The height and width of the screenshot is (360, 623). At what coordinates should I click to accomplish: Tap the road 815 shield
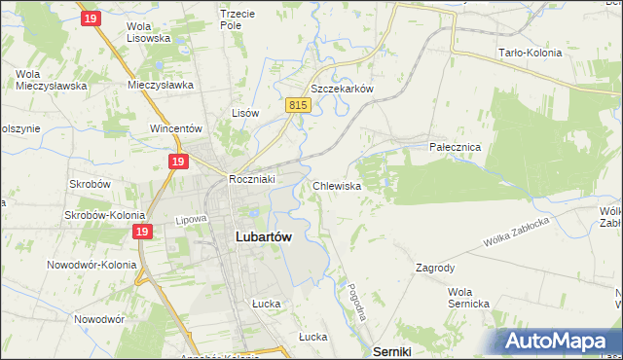[298, 104]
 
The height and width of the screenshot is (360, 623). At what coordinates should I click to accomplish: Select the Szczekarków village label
[342, 88]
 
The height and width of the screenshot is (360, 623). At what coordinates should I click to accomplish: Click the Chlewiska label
[338, 185]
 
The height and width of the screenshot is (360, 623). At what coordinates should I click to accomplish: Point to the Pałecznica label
[456, 146]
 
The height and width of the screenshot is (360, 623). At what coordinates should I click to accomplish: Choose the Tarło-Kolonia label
[530, 53]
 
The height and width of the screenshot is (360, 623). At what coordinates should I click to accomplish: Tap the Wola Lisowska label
[149, 32]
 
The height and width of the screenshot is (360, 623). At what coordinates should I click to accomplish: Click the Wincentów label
[175, 127]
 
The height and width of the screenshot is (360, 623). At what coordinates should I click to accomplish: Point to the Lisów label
[245, 113]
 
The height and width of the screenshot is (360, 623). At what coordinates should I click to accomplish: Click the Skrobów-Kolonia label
[104, 215]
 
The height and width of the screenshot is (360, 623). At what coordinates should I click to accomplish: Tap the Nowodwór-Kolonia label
[89, 264]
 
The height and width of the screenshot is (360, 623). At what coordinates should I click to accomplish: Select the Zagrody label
[435, 267]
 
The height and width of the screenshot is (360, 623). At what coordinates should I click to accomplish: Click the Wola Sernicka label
[468, 298]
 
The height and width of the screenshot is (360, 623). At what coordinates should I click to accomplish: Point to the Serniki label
[392, 350]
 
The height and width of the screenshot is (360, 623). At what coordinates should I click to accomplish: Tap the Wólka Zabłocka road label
[516, 231]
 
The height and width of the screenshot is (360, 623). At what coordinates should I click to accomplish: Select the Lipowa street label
[193, 220]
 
